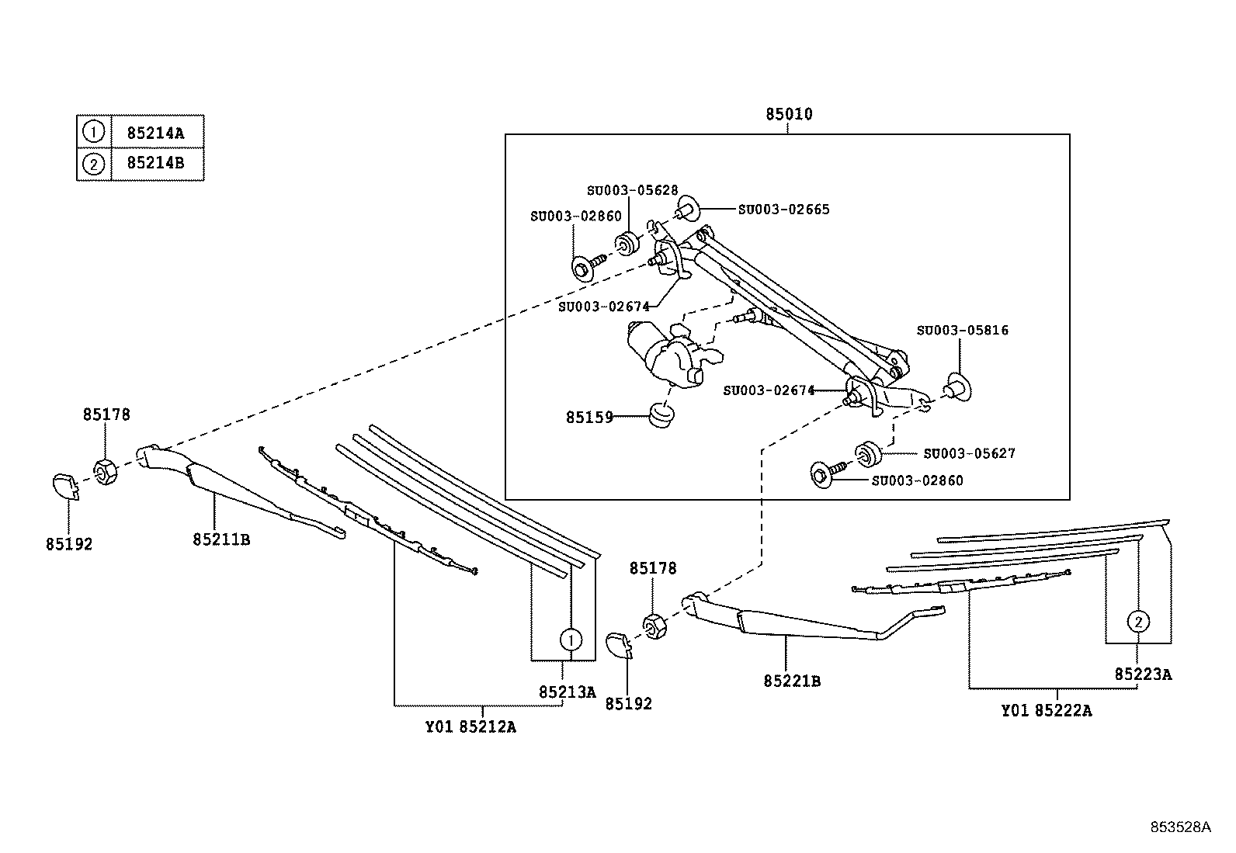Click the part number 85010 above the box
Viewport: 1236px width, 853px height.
[x=789, y=114]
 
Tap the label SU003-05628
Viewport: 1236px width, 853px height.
[x=632, y=190]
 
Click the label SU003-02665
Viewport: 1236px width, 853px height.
[x=784, y=209]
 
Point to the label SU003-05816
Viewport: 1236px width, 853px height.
[x=962, y=330]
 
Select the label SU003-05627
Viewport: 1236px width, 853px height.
[x=970, y=453]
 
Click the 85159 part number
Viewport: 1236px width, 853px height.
[x=589, y=417]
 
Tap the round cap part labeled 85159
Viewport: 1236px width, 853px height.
[x=661, y=415]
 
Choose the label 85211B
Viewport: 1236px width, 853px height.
[x=221, y=539]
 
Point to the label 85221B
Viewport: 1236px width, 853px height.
[x=792, y=681]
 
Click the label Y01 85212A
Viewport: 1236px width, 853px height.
[x=470, y=727]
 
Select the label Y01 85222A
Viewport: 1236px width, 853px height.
[x=1047, y=711]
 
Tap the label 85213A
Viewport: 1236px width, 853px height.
[x=568, y=692]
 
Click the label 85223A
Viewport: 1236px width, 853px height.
[x=1144, y=674]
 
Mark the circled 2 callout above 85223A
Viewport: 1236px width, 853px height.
[x=1137, y=622]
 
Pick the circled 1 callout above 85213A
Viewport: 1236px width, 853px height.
[x=571, y=640]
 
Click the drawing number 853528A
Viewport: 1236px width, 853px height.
[x=1180, y=827]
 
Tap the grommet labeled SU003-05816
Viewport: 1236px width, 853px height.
[x=958, y=387]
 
